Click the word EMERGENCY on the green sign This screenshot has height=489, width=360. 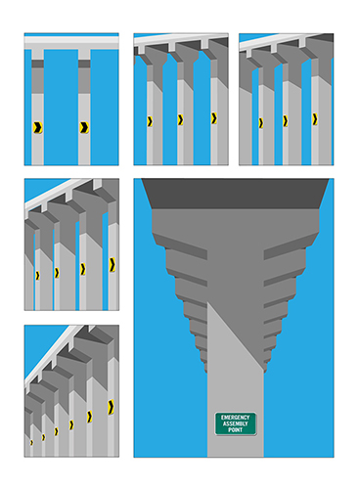235,418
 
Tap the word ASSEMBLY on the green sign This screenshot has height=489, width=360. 235,423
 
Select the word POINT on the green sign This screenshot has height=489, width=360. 235,430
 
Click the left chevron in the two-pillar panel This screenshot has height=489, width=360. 37,127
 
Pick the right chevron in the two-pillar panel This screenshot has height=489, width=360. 84,127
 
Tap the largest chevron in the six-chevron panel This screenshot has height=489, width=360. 111,407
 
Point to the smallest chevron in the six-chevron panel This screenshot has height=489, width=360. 31,442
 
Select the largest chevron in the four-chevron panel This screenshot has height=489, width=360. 112,264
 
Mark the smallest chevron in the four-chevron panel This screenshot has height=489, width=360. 37,276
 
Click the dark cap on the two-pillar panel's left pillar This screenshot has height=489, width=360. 37,64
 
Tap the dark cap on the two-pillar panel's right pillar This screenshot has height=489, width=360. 84,64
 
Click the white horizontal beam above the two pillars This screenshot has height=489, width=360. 71,41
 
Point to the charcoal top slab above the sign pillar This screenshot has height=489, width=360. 235,194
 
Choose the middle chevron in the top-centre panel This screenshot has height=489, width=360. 180,120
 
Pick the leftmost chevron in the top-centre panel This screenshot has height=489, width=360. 150,121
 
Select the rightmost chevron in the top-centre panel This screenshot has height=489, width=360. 214,118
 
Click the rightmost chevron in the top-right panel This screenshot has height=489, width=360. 315,119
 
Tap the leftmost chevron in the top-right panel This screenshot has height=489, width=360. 261,123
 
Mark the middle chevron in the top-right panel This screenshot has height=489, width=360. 286,121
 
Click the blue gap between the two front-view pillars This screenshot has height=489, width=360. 61,108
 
